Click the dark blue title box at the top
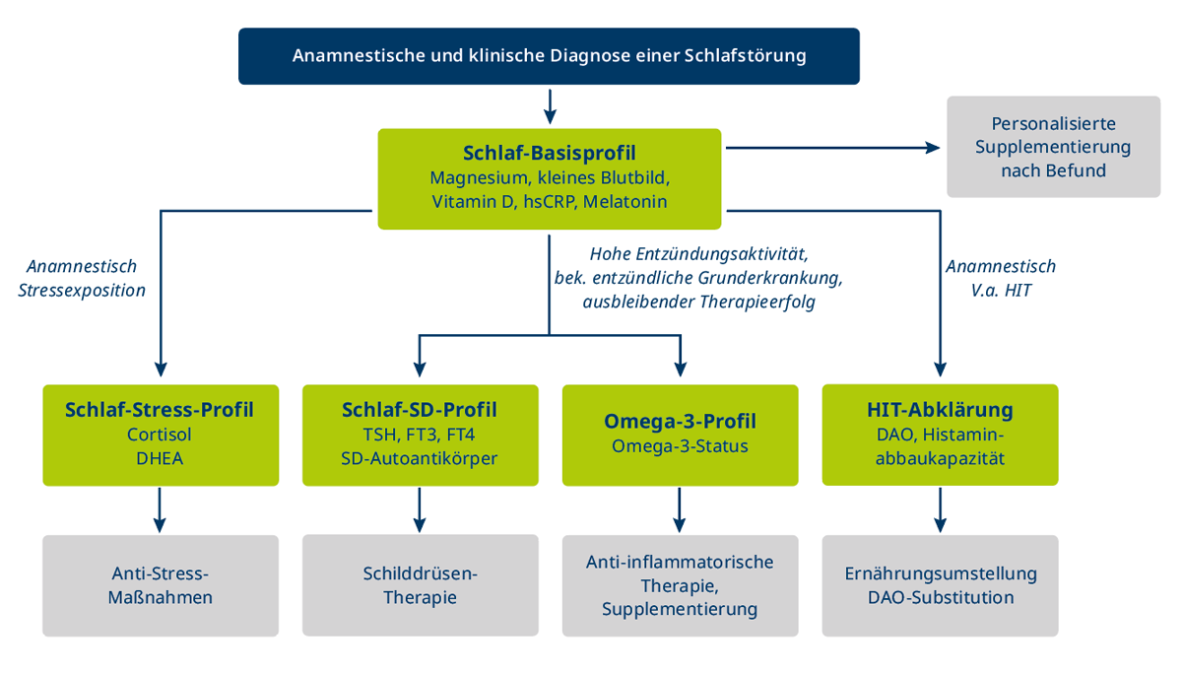pos(549,55)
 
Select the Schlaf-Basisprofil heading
pos(549,153)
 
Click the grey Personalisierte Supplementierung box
pos(1053,147)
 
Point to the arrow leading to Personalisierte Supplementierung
pos(833,148)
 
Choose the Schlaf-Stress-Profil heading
pos(161,409)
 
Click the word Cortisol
pos(161,434)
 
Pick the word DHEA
pos(161,458)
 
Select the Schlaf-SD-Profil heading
pos(420,409)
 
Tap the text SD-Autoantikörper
pos(420,458)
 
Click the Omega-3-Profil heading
pos(680,421)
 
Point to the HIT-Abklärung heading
pos(940,409)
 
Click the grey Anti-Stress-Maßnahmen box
pos(161,584)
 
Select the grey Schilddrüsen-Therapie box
pos(420,584)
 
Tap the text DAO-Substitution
pos(940,597)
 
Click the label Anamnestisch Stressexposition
pos(82,278)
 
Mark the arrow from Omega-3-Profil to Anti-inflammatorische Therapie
pos(680,509)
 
